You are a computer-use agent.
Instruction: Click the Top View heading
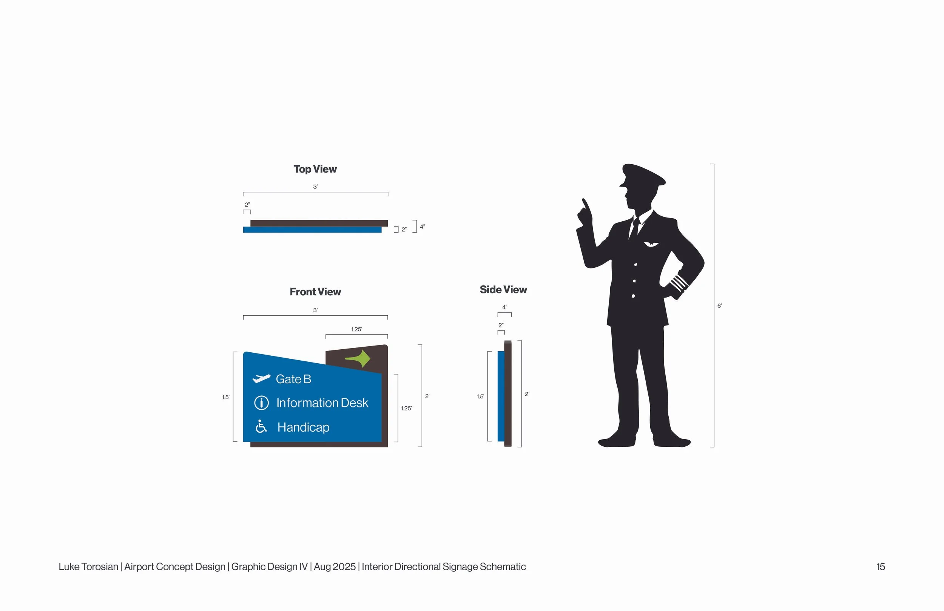click(315, 169)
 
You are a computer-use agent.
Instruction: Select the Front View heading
click(315, 292)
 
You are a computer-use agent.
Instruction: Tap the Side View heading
click(503, 290)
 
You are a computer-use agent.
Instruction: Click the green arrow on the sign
click(359, 359)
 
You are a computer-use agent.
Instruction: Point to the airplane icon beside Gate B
click(261, 378)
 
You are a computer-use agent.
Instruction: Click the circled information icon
click(261, 403)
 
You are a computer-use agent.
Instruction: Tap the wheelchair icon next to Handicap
click(261, 426)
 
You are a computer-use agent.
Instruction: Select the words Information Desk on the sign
click(322, 403)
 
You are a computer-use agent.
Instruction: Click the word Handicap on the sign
click(304, 427)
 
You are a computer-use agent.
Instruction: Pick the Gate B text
click(293, 379)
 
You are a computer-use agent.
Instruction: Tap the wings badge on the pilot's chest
click(651, 244)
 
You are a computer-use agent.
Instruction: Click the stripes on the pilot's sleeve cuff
click(679, 282)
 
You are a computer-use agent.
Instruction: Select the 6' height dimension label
click(719, 306)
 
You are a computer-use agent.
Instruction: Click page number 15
click(881, 566)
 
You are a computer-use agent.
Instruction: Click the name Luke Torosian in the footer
click(88, 566)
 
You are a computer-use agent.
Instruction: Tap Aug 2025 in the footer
click(335, 566)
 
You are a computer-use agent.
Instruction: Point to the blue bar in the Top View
click(312, 230)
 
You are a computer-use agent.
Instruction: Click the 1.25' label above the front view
click(356, 329)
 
